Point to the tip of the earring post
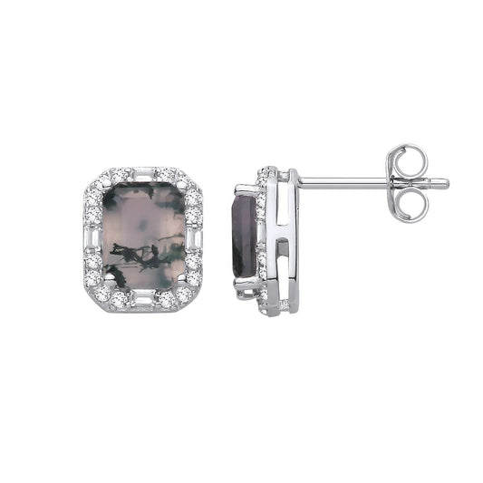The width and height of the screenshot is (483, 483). pos(444,183)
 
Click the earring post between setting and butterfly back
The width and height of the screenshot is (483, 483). pos(344,180)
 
